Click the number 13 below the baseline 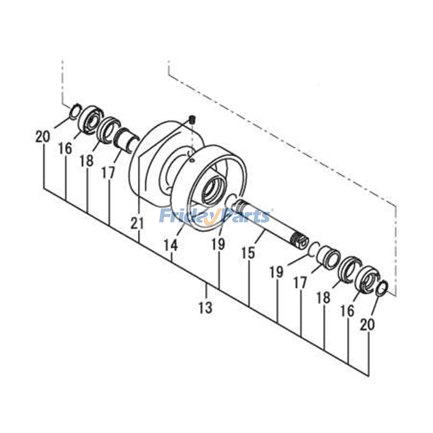(x=205, y=308)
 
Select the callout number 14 (x=171, y=246)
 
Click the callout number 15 (x=248, y=253)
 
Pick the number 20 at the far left (x=43, y=136)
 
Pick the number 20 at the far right (x=367, y=324)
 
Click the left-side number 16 (x=65, y=149)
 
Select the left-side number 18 (x=87, y=161)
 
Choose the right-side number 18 (x=323, y=297)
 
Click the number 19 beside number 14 (x=218, y=244)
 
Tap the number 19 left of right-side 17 (x=276, y=272)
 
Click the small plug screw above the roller (x=192, y=119)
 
